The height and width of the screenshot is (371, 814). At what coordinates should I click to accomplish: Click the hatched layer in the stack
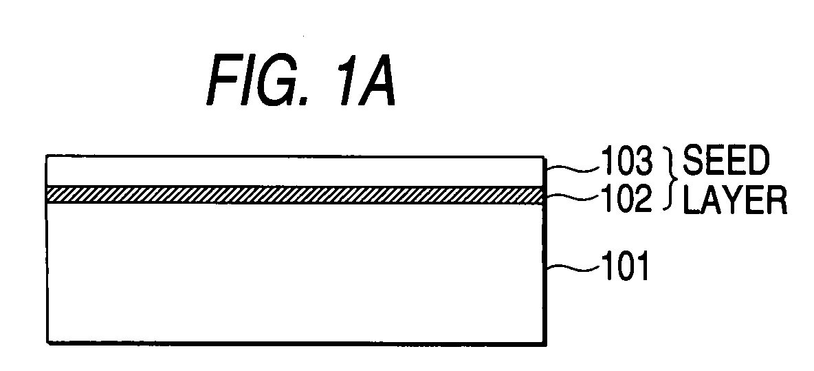(296, 195)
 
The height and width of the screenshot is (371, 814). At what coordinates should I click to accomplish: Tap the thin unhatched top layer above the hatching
(296, 171)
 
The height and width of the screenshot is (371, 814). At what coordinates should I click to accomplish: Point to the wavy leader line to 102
(563, 199)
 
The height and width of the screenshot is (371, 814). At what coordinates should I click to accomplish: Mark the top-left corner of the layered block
(47, 157)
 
